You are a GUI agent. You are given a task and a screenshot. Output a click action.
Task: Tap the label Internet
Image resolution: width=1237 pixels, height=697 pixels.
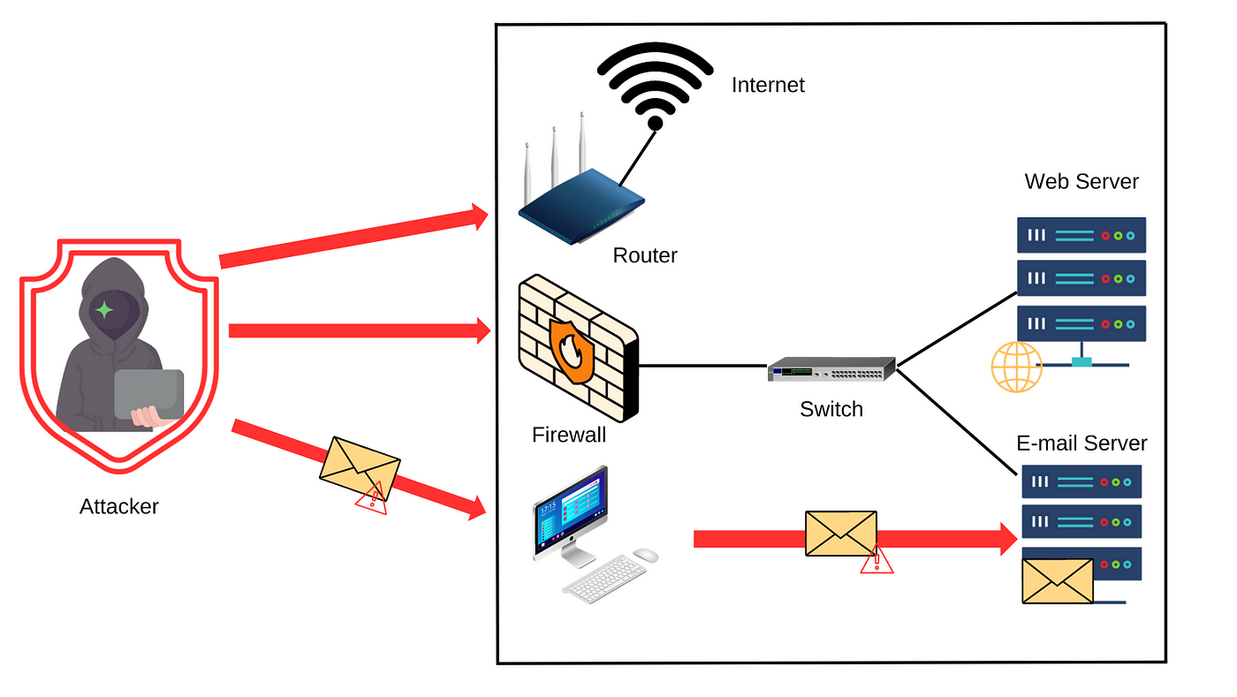point(768,86)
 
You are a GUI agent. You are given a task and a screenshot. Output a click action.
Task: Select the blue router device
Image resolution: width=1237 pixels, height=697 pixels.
point(581,204)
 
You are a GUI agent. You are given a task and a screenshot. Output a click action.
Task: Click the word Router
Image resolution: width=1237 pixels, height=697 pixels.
point(645,256)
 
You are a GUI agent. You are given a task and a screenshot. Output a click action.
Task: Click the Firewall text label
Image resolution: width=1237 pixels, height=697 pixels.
point(569,435)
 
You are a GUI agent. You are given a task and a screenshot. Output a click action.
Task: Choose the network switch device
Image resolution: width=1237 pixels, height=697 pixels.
point(831,369)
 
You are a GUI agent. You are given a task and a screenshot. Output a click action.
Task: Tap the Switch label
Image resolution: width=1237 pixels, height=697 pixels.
point(831,410)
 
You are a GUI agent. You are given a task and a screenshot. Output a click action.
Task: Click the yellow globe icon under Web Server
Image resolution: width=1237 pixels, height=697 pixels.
point(1017,367)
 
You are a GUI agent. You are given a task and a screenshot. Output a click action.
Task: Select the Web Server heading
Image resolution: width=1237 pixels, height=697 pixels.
point(1081,182)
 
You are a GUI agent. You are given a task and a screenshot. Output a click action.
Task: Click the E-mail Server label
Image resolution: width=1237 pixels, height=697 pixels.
point(1081,443)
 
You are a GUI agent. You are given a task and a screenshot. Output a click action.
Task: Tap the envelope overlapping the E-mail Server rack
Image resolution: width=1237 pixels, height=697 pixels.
point(1058,580)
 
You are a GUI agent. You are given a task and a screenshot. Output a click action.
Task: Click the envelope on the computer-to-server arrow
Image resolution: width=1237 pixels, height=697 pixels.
point(840,534)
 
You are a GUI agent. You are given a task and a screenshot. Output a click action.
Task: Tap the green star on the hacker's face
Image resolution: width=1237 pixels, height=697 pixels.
point(104,310)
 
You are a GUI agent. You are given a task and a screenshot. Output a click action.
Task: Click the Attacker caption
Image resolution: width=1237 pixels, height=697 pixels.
point(119,507)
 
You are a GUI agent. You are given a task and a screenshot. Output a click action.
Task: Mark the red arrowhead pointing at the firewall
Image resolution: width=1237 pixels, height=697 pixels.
point(482,331)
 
